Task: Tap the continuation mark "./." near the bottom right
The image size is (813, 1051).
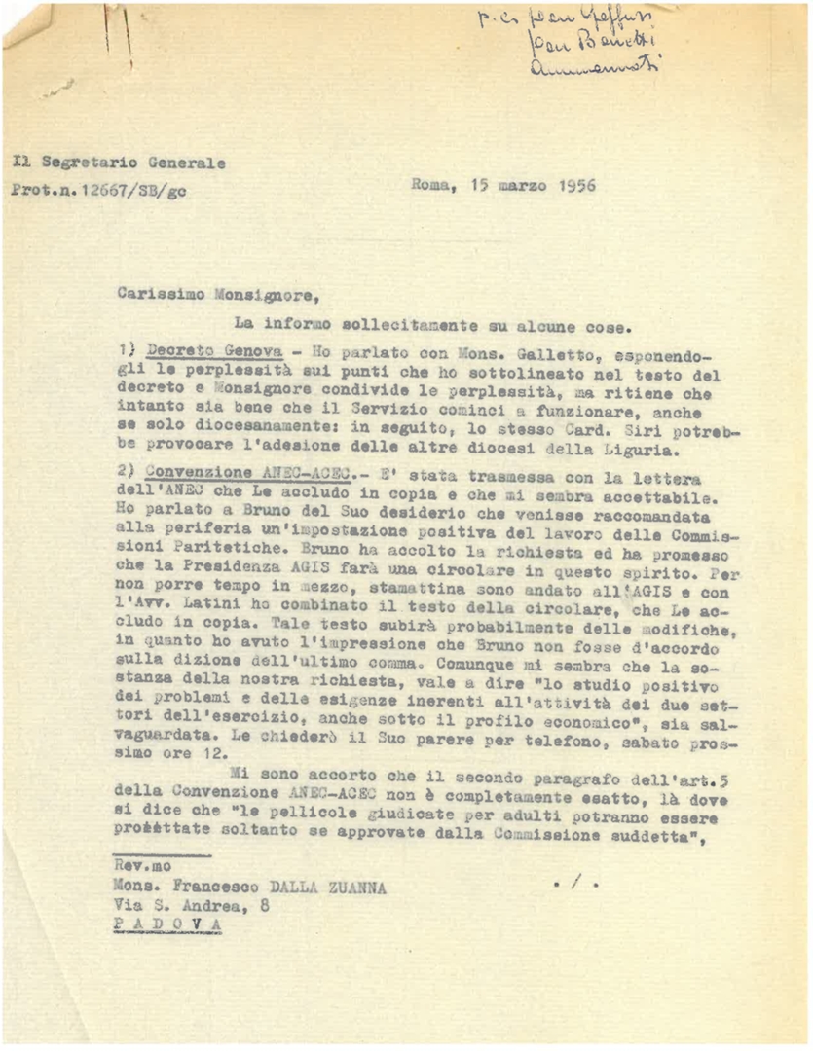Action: [572, 885]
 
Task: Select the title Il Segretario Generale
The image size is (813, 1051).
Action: [120, 163]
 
